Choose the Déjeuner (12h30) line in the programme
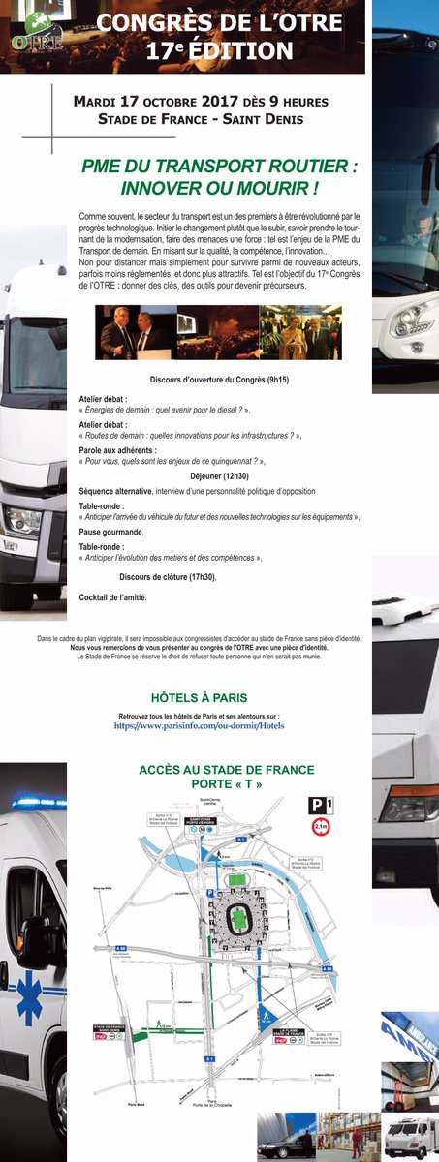click(218, 477)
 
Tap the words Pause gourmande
click(111, 532)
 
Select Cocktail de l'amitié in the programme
click(113, 598)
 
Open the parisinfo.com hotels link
click(200, 724)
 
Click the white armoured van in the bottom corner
click(411, 1138)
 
